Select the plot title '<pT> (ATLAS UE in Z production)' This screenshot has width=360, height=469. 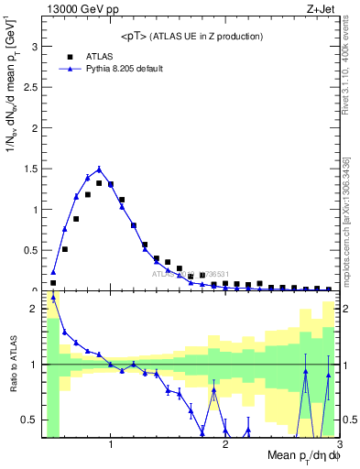(191, 36)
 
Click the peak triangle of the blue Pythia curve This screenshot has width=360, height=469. (99, 169)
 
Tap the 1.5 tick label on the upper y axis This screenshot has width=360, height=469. (30, 169)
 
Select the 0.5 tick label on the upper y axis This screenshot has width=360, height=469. (30, 250)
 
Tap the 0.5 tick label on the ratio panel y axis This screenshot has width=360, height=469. (30, 420)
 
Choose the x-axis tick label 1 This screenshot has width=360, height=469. (111, 445)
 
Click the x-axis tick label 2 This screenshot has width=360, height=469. (225, 445)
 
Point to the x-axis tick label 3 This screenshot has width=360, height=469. (338, 445)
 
